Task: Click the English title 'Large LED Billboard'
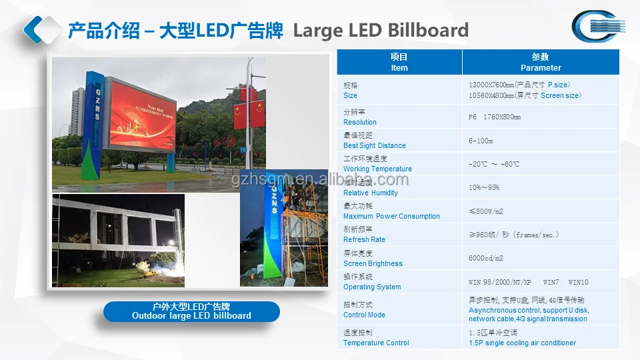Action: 381,30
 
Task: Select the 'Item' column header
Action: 399,62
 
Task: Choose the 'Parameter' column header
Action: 541,62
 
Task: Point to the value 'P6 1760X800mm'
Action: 495,117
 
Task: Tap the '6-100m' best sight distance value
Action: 481,141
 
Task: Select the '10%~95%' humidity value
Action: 484,187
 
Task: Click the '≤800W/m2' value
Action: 486,211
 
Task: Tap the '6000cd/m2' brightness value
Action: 486,258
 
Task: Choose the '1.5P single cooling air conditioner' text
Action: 522,343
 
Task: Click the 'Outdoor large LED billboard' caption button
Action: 191,311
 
